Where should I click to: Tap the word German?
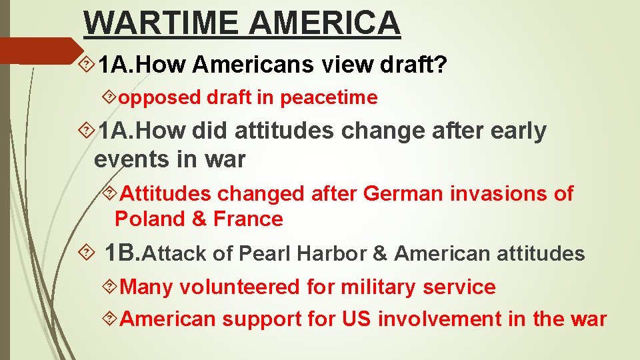[403, 194]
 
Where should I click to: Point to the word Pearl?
[265, 254]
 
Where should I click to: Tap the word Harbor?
[329, 254]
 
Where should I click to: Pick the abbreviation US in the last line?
[357, 319]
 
